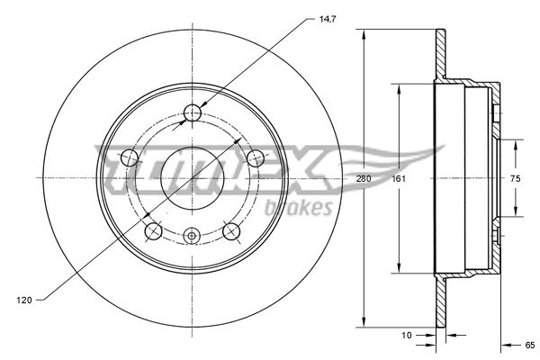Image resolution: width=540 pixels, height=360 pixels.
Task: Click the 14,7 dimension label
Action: coord(328,19)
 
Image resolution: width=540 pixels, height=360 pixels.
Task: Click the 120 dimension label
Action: coord(24,300)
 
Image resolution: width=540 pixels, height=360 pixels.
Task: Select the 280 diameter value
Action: coord(364,178)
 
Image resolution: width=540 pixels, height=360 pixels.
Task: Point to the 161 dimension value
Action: coord(399,178)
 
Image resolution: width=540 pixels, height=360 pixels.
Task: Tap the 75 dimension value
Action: coord(516,178)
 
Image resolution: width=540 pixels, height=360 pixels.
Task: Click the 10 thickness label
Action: coord(407,335)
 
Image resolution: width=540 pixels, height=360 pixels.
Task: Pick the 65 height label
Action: coord(530,345)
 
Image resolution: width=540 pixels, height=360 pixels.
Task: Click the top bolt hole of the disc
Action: coord(193,112)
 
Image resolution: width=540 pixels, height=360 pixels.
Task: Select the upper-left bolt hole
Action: coord(130,158)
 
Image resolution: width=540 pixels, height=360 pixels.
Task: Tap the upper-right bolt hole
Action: coord(256,158)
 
